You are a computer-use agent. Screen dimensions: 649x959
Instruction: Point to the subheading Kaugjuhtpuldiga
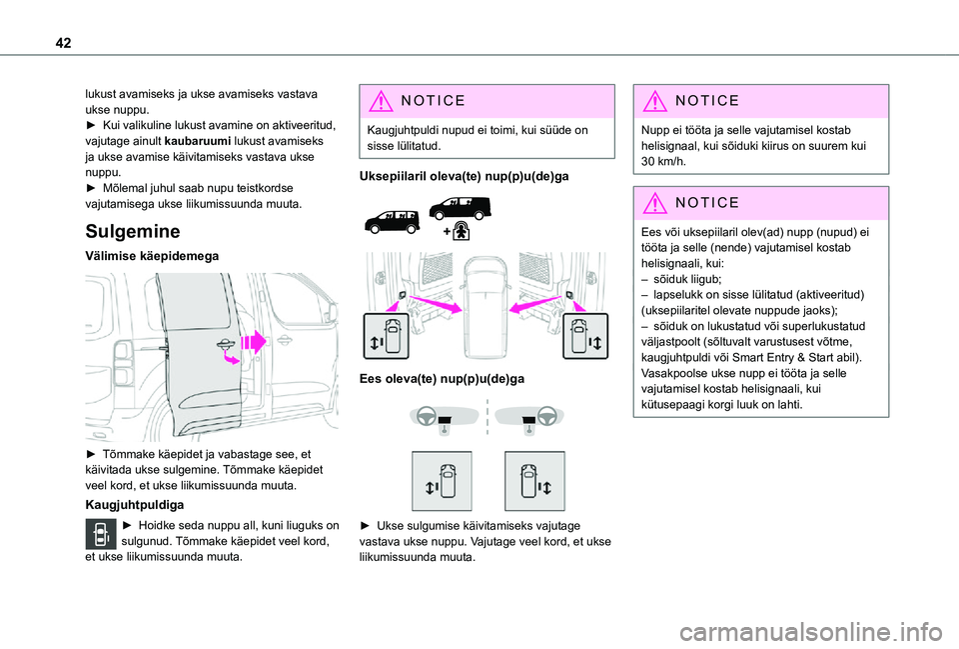(135, 506)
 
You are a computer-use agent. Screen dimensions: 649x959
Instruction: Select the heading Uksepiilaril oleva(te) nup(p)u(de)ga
(464, 175)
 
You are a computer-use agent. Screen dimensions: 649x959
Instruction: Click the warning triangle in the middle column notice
(378, 101)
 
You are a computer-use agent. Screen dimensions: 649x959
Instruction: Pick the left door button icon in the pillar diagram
(390, 335)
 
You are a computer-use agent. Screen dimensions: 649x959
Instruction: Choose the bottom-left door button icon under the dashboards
(442, 481)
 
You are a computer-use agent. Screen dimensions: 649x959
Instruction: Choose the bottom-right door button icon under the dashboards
(534, 481)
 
